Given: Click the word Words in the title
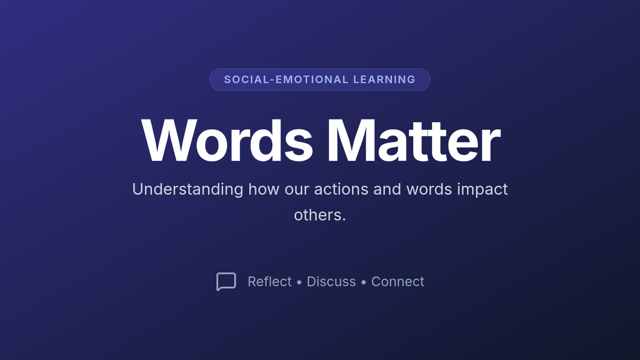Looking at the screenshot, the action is (227, 141).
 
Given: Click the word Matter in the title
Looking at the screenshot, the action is (414, 141).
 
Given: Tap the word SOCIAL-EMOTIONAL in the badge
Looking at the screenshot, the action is (286, 79).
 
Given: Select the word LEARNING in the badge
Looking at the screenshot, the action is (385, 79).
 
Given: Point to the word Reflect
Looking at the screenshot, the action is (269, 282).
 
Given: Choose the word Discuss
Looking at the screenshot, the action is (331, 282).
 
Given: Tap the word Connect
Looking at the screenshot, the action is (397, 282).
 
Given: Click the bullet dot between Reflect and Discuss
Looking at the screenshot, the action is (299, 282).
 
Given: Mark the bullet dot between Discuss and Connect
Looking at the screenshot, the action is (363, 282).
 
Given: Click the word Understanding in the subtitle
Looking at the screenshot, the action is (188, 189).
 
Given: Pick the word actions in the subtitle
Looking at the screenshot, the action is (341, 189).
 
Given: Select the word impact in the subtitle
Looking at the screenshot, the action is (482, 189).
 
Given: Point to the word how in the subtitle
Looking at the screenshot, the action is (263, 189).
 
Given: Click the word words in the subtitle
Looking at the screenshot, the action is (429, 189).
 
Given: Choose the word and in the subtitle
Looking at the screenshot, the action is (387, 189).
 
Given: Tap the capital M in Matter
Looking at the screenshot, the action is (351, 141).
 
